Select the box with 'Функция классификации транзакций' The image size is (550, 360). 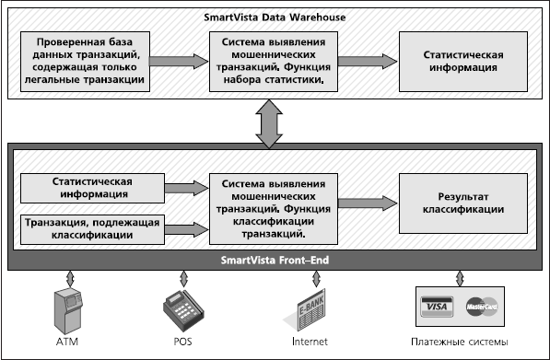click(272, 209)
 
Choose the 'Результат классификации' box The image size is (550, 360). click(458, 203)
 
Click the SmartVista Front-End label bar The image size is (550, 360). click(274, 261)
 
